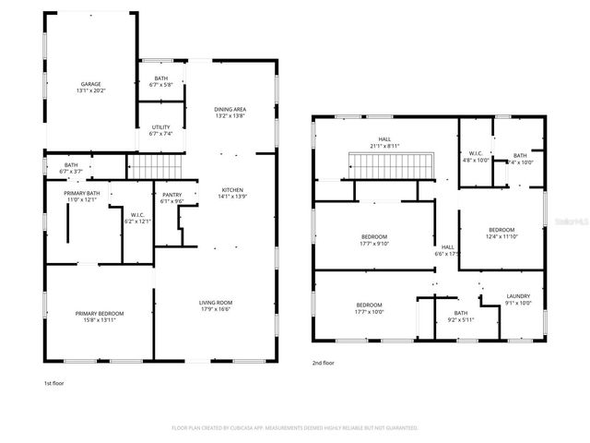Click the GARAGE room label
[x=90, y=84]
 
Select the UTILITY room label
[x=161, y=128]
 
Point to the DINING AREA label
[x=230, y=109]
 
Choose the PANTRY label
[x=172, y=195]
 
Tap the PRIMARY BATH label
[x=82, y=193]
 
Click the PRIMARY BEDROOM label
[x=100, y=313]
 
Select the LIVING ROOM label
[x=216, y=303]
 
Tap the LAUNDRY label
[x=519, y=296]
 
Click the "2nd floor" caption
[x=324, y=364]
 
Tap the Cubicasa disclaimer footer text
[x=295, y=428]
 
